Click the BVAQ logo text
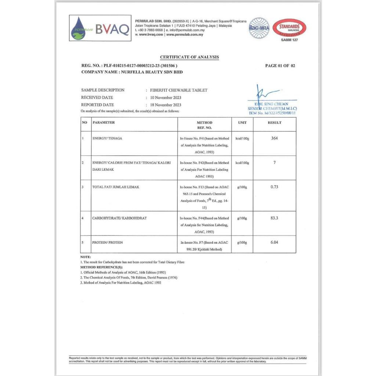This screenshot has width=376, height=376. pos(112,29)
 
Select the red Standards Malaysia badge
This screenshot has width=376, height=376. pos(289,27)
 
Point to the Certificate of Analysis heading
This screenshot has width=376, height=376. pos(189,57)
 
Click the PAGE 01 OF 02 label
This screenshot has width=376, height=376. pos(280,66)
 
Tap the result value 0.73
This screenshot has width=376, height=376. pos(274,187)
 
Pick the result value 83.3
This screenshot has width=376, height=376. pos(274,218)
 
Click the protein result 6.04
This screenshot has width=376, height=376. pos(274,243)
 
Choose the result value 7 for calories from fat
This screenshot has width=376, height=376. pos(274,162)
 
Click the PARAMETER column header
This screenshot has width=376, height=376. pos(104,123)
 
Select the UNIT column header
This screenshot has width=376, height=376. pos(242,123)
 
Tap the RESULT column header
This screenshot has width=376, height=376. pos(274,123)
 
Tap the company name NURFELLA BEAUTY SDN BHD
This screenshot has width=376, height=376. pos(151,72)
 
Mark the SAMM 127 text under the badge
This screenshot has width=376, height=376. pos(289,40)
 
